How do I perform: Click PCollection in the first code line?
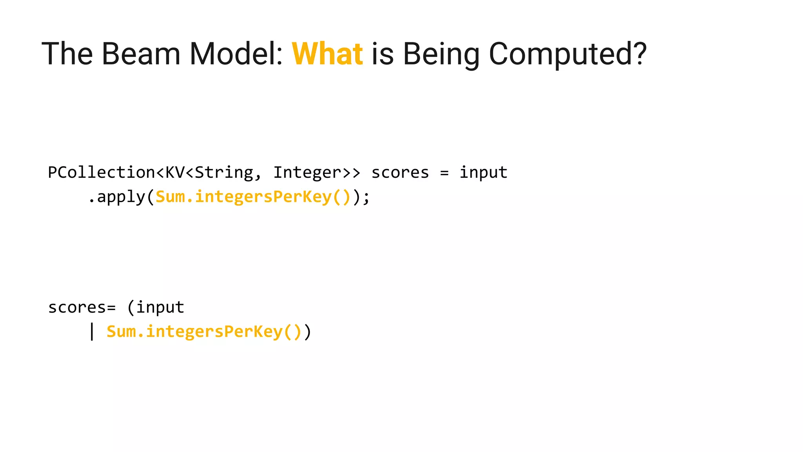102,173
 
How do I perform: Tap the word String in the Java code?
224,173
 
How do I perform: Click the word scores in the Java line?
400,173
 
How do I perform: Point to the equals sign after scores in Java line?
444,173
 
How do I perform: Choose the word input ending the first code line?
483,173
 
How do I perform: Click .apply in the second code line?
116,197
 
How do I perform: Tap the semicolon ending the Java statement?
366,197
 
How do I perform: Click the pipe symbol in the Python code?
92,332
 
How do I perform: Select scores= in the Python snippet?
82,307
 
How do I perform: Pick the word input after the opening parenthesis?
160,307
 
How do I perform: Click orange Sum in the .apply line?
170,197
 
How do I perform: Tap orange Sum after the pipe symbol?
121,332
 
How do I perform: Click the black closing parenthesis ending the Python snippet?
307,332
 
